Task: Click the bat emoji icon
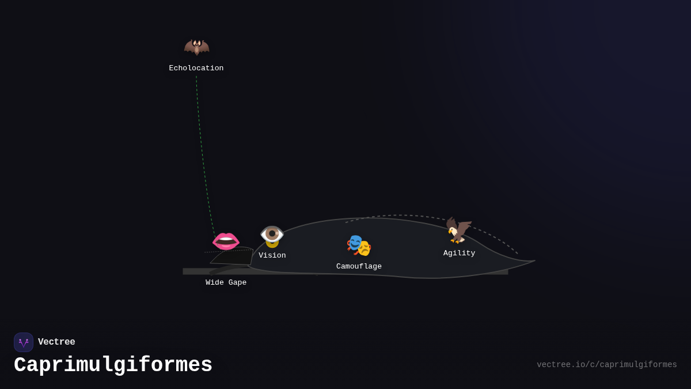pos(196,47)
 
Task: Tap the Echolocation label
pos(196,69)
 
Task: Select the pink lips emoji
pos(226,240)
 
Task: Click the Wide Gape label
pos(226,283)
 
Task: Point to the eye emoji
pos(272,235)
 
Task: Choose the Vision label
pos(272,256)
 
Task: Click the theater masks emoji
pos(359,246)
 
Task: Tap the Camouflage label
pos(359,267)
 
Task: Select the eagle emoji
pos(459,231)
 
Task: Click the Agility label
pos(459,254)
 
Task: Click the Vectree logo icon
pos(24,342)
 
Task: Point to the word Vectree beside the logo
pos(56,342)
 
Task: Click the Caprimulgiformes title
pos(113,365)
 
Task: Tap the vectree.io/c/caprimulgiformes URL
pos(607,365)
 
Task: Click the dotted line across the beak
pos(227,251)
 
